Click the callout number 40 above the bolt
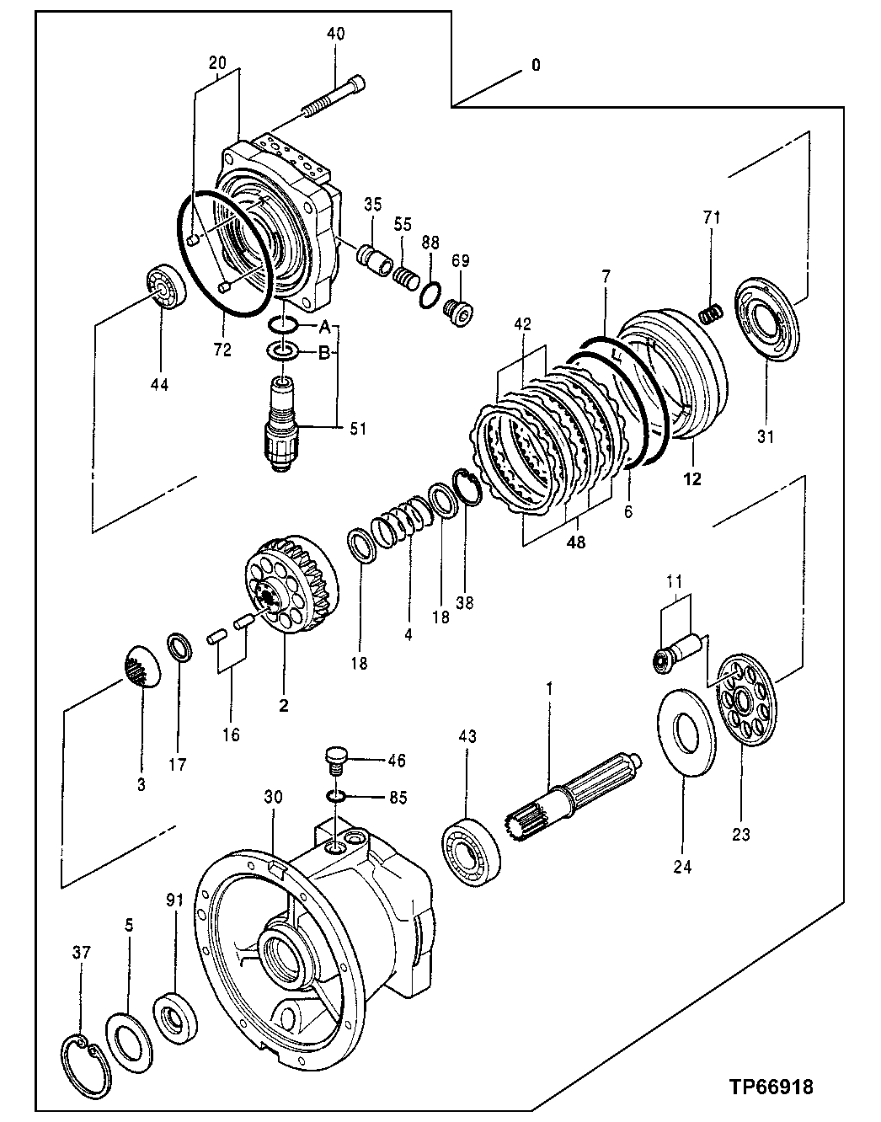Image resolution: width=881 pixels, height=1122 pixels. (x=335, y=35)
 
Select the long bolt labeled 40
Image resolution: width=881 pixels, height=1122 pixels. (x=333, y=98)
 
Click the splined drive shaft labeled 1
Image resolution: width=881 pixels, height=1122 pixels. (x=573, y=796)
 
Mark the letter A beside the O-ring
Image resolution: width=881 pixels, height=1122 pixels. (x=324, y=325)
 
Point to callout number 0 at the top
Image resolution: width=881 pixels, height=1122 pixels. (x=536, y=65)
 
